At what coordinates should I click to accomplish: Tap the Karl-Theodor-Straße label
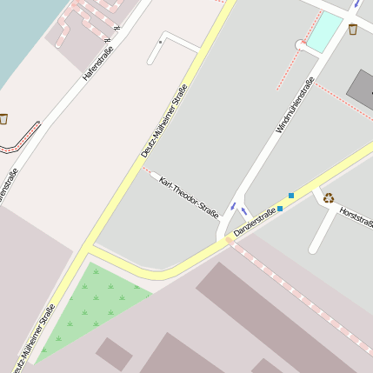coord(189,196)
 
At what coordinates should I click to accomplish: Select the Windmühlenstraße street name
coord(296,105)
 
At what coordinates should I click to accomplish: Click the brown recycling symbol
coord(329,197)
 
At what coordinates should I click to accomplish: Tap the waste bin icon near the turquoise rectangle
coord(353,30)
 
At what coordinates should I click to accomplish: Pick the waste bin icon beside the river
coord(3,118)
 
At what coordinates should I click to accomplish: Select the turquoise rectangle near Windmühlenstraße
coord(324,31)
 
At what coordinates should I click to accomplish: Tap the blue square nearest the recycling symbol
coord(291,195)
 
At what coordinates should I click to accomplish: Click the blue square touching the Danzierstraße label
coord(280,209)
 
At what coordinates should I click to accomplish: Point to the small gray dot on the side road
coord(160,41)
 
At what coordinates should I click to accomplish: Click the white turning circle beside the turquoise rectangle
coord(301,45)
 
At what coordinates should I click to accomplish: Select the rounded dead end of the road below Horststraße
coord(314,247)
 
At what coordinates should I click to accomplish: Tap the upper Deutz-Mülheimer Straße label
coord(164,121)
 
